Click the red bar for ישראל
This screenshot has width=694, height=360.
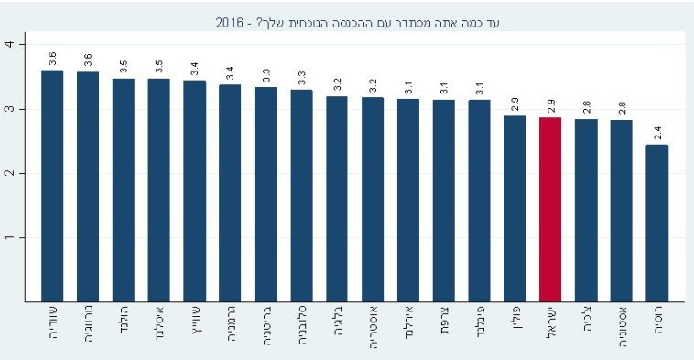tap(549, 209)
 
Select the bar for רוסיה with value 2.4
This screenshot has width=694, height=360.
tap(656, 223)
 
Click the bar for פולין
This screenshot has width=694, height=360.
tap(515, 208)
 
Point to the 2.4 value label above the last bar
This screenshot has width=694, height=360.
tap(656, 132)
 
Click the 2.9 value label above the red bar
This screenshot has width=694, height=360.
tap(549, 104)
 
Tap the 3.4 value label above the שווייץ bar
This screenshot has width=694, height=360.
tap(194, 68)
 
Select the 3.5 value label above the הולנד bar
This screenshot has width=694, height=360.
tap(123, 66)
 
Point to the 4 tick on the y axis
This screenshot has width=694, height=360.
tap(8, 44)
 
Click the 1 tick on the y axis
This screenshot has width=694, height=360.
tap(8, 237)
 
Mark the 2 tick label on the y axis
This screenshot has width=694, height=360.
tap(8, 173)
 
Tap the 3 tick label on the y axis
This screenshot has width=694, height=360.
tap(8, 109)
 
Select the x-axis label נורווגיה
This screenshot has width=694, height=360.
tap(88, 328)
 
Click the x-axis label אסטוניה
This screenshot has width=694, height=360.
tap(621, 328)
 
